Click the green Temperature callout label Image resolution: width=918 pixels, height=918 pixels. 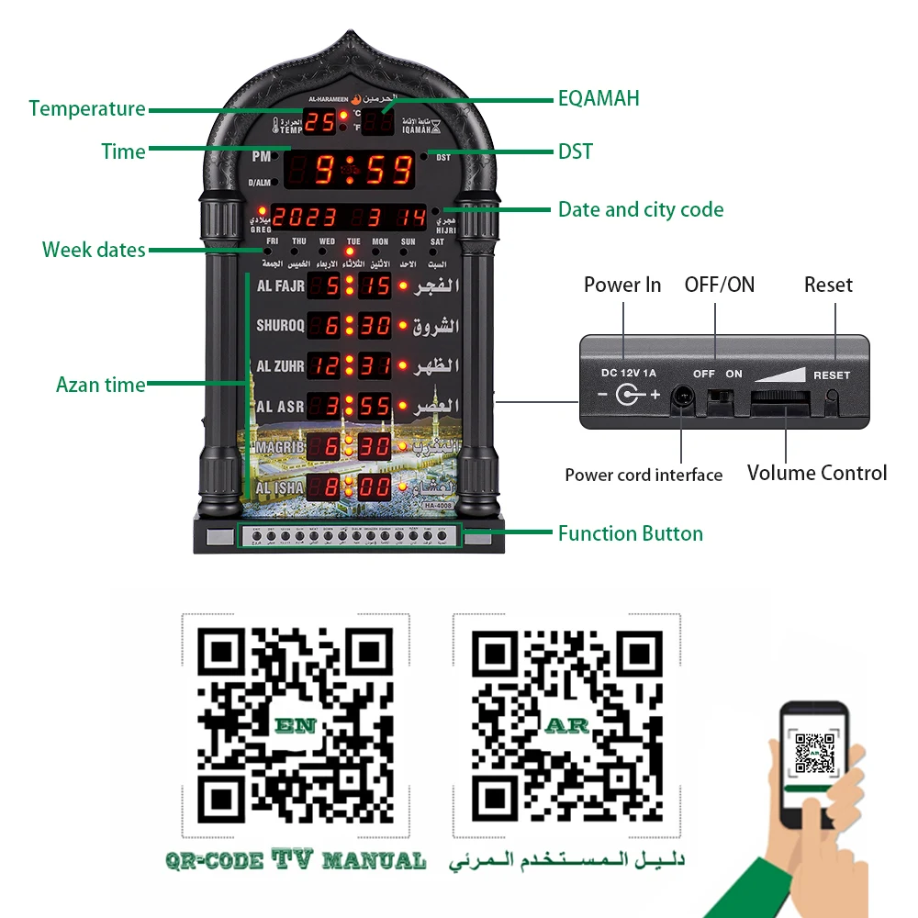[87, 108]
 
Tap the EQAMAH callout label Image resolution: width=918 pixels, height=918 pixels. [599, 98]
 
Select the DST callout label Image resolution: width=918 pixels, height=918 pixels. [575, 151]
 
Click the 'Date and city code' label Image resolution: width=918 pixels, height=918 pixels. [641, 209]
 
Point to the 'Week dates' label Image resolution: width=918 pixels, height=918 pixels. [94, 250]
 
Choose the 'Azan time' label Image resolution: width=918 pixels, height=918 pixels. [100, 385]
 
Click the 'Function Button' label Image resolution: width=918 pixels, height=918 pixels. [630, 533]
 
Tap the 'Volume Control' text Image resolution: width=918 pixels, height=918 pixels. [816, 473]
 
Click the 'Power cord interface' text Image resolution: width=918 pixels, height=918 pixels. [643, 475]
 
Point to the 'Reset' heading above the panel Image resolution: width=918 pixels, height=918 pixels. [828, 285]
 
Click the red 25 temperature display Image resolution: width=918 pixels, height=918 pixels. [319, 121]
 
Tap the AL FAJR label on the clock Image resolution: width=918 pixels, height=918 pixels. [280, 285]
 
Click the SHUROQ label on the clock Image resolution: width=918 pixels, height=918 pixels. [279, 325]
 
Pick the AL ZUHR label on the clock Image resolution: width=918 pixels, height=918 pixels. [279, 365]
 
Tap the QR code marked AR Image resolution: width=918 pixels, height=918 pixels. [566, 723]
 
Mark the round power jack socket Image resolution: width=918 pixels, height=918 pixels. [682, 397]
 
